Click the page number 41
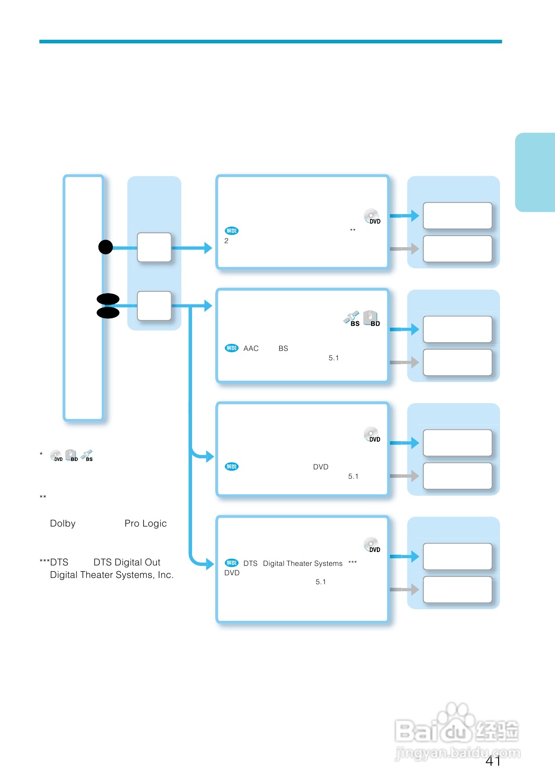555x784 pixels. click(x=493, y=761)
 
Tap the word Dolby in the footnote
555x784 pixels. click(x=63, y=523)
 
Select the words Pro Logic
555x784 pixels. click(x=145, y=523)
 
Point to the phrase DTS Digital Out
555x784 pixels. click(x=127, y=562)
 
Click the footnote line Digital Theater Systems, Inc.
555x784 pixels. click(x=111, y=575)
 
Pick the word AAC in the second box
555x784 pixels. click(x=251, y=349)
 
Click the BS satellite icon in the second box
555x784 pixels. click(x=352, y=318)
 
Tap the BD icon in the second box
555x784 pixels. click(x=371, y=318)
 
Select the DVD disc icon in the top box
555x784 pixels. click(x=371, y=216)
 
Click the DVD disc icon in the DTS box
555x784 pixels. click(x=371, y=545)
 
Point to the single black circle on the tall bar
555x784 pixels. click(x=106, y=247)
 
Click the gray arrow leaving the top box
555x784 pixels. click(x=404, y=249)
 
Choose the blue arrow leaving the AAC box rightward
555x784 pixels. click(x=404, y=329)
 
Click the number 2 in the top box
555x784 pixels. click(x=226, y=241)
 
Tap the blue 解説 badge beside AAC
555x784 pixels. click(x=232, y=348)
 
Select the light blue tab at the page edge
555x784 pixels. click(x=535, y=172)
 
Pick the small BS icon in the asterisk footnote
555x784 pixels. click(x=87, y=455)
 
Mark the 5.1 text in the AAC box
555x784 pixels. click(x=333, y=358)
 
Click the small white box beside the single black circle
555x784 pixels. click(x=154, y=247)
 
